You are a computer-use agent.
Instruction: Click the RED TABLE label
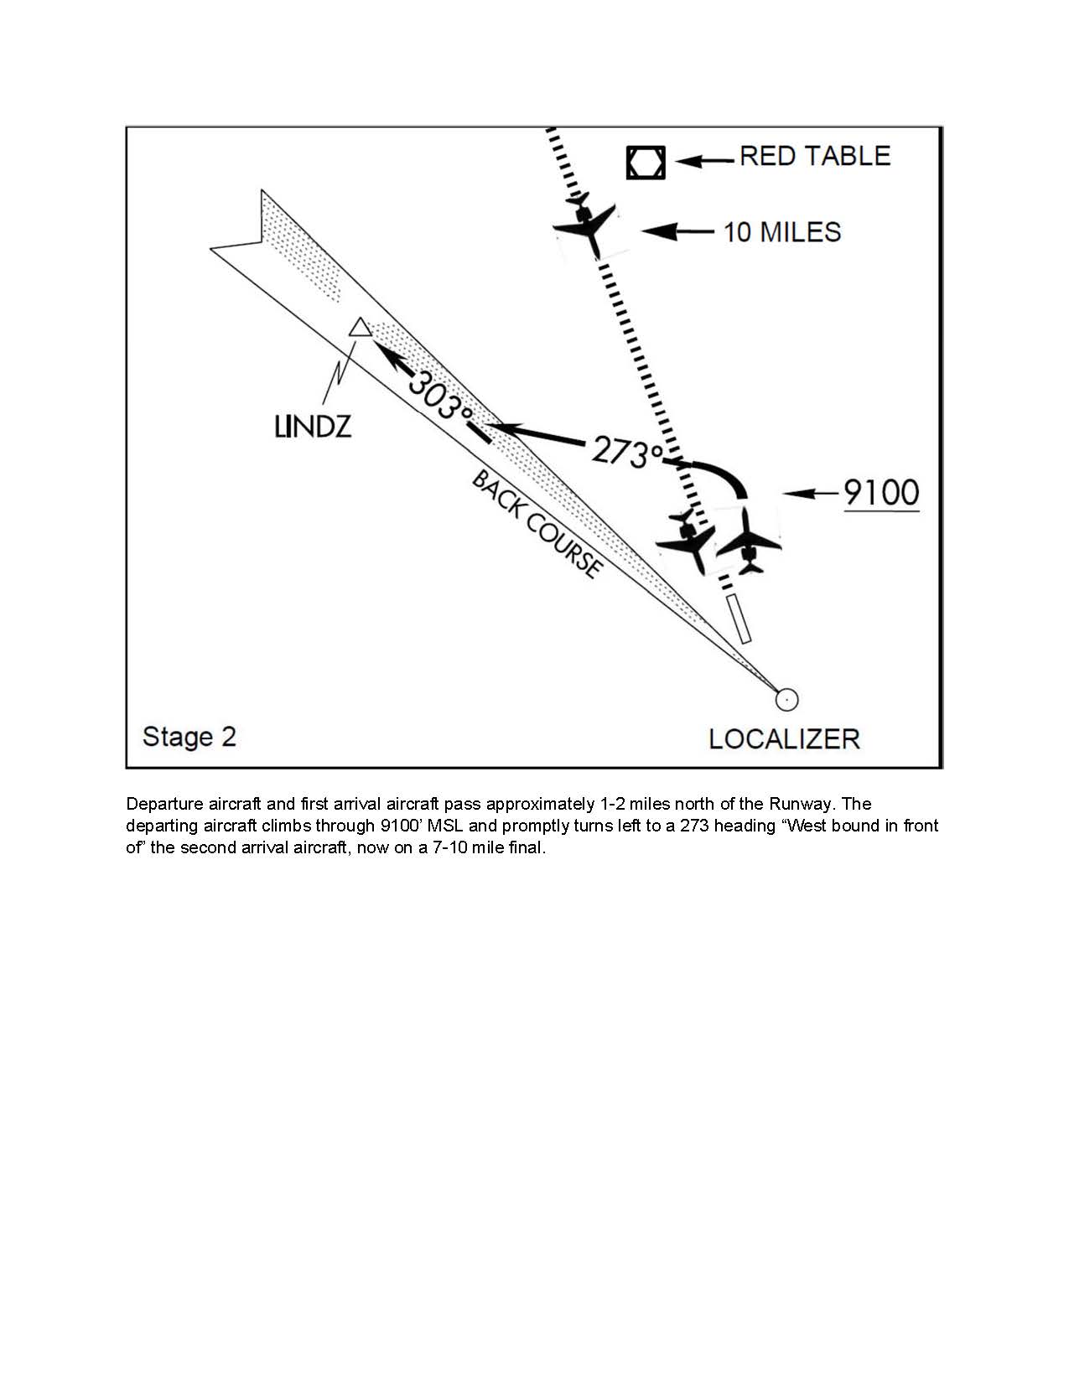tap(814, 157)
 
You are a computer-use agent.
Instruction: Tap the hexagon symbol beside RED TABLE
tap(646, 163)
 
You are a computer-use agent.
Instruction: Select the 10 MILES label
tap(781, 232)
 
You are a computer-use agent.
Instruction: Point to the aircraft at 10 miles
tap(587, 224)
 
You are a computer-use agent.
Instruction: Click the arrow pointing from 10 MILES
tap(677, 231)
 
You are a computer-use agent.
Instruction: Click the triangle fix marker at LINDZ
tap(361, 328)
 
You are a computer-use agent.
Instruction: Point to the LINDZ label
tap(313, 427)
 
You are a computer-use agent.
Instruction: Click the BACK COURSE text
tap(537, 525)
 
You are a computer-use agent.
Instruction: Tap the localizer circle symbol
tap(786, 698)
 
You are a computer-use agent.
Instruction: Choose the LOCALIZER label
tap(784, 739)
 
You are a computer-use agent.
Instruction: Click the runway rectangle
tap(739, 619)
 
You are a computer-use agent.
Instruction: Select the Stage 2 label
tap(189, 737)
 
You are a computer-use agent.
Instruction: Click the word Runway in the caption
tap(801, 805)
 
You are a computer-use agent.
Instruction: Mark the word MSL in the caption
tap(445, 826)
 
